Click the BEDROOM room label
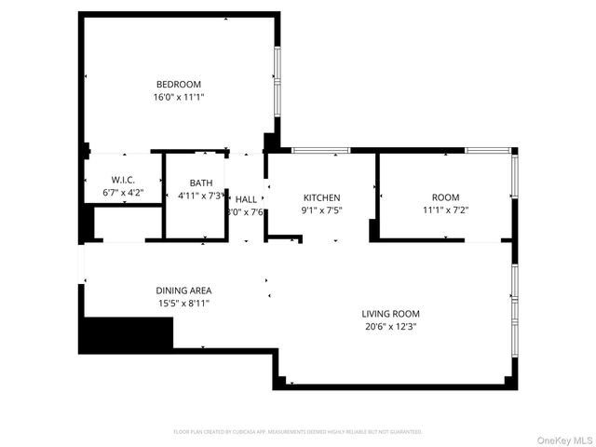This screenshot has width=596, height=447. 178,85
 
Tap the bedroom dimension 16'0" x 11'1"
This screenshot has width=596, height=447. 178,97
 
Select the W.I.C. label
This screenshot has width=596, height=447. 123,181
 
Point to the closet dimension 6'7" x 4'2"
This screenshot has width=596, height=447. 123,193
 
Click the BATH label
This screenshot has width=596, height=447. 201,183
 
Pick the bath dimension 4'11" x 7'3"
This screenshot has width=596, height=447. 201,196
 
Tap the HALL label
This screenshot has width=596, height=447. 246,199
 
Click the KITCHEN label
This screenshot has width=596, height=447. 321,197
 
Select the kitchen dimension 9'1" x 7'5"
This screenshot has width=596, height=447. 321,210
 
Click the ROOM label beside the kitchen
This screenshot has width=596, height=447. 445,197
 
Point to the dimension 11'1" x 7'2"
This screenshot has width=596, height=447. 445,210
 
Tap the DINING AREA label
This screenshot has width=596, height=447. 183,291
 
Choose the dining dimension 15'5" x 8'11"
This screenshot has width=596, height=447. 183,303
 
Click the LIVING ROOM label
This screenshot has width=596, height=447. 391,314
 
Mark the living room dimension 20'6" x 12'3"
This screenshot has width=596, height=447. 391,326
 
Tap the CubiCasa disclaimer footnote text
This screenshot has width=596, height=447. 298,432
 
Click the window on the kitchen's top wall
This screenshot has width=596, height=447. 320,149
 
